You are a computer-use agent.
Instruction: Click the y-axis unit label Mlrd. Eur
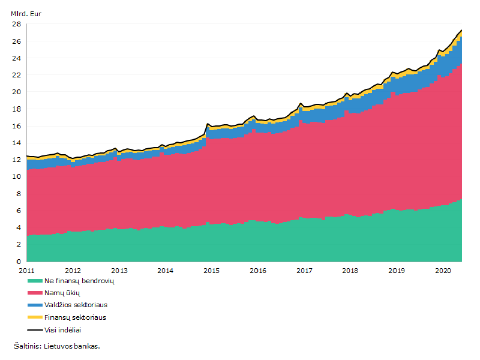click(x=26, y=14)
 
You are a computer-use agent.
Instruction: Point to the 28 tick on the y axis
click(x=17, y=24)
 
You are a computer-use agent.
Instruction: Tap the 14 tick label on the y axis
click(x=17, y=143)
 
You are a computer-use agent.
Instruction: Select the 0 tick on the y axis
click(x=19, y=262)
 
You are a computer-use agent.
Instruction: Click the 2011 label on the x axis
click(x=26, y=271)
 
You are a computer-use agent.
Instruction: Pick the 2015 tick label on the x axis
click(x=212, y=271)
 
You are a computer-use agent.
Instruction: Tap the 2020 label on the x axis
click(x=443, y=271)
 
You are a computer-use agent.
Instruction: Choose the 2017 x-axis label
click(x=304, y=271)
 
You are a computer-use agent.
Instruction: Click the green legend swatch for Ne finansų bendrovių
click(x=35, y=281)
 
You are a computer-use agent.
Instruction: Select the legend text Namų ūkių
click(x=62, y=293)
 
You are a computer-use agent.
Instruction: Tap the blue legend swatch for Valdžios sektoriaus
click(x=35, y=305)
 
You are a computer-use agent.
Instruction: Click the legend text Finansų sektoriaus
click(x=76, y=317)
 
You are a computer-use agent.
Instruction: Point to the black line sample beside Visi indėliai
click(x=35, y=330)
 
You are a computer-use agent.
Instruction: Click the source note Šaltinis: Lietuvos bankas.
click(x=57, y=346)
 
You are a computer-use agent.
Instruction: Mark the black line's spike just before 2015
click(x=208, y=124)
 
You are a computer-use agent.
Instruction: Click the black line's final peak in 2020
click(x=461, y=30)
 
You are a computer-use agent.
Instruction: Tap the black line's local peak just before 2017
click(x=301, y=103)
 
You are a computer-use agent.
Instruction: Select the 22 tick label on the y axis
click(x=17, y=75)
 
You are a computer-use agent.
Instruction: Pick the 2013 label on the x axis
click(x=119, y=271)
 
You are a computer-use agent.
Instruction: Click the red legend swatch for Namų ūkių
click(x=35, y=293)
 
